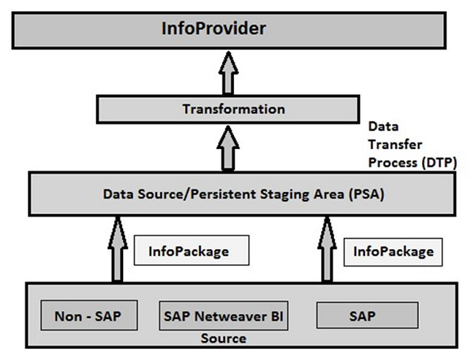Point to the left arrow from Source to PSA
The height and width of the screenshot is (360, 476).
click(x=117, y=247)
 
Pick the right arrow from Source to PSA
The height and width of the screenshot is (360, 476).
click(x=326, y=247)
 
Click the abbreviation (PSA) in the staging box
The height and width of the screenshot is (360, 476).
click(x=367, y=193)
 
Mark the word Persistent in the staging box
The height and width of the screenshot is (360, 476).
click(x=213, y=193)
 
